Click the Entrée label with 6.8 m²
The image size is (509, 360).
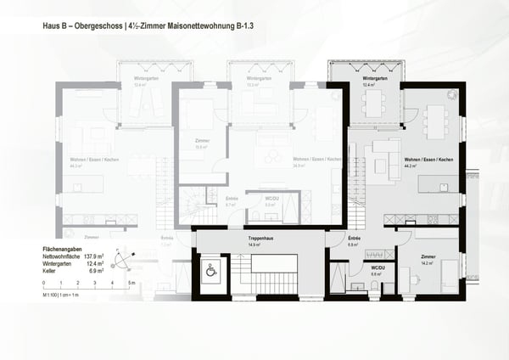pos(355,239)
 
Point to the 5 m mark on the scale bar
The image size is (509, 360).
pos(131,281)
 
